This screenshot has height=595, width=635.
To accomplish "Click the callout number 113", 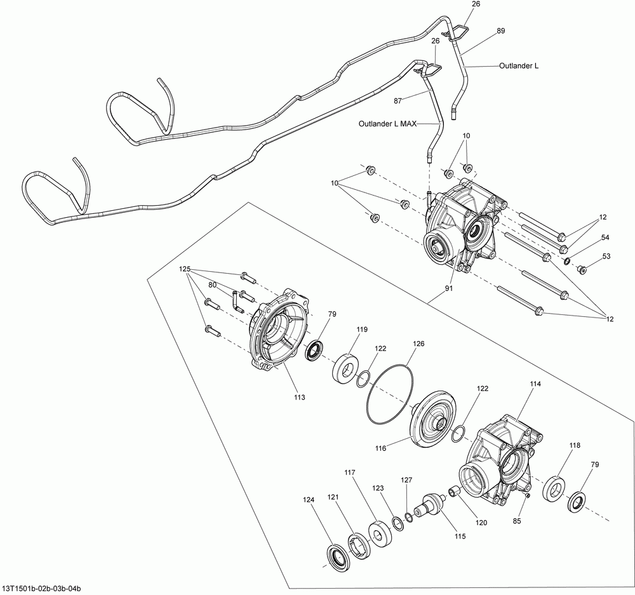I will (299, 397).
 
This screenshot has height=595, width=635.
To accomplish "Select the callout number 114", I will (535, 384).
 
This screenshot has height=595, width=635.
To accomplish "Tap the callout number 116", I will (380, 448).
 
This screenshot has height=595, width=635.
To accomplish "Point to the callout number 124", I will (309, 500).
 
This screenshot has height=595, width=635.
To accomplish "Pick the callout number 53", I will (606, 256).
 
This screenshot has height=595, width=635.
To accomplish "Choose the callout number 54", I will (605, 237).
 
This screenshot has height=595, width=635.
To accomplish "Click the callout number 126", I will (418, 344).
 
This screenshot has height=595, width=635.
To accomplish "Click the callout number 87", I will (399, 100).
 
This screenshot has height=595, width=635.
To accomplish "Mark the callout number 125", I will (185, 269).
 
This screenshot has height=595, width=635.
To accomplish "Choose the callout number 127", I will (406, 481).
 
